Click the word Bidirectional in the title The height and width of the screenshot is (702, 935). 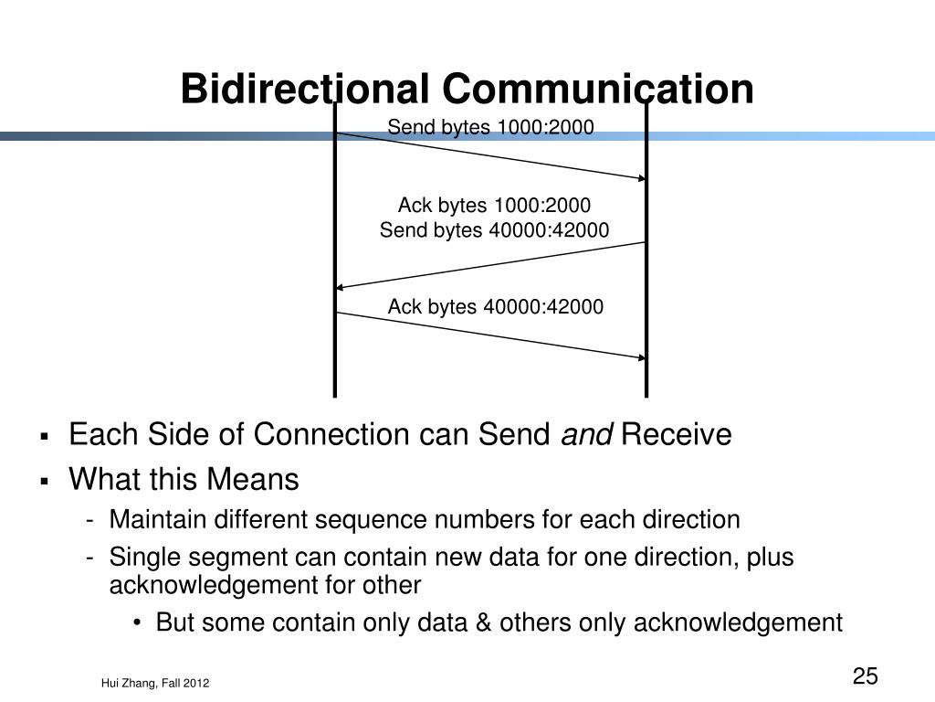305,90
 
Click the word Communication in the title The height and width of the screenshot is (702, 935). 599,90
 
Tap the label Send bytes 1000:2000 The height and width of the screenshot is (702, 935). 490,127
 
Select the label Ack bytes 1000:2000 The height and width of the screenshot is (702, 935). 494,205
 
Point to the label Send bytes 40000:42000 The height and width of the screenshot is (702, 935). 494,229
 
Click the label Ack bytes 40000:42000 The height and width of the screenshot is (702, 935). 496,306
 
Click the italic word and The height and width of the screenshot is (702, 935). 587,436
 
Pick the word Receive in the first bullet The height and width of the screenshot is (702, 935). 676,436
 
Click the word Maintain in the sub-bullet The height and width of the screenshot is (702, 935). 158,520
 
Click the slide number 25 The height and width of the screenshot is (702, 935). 865,676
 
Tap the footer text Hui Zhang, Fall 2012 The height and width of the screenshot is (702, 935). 155,683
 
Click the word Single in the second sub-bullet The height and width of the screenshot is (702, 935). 139,558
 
